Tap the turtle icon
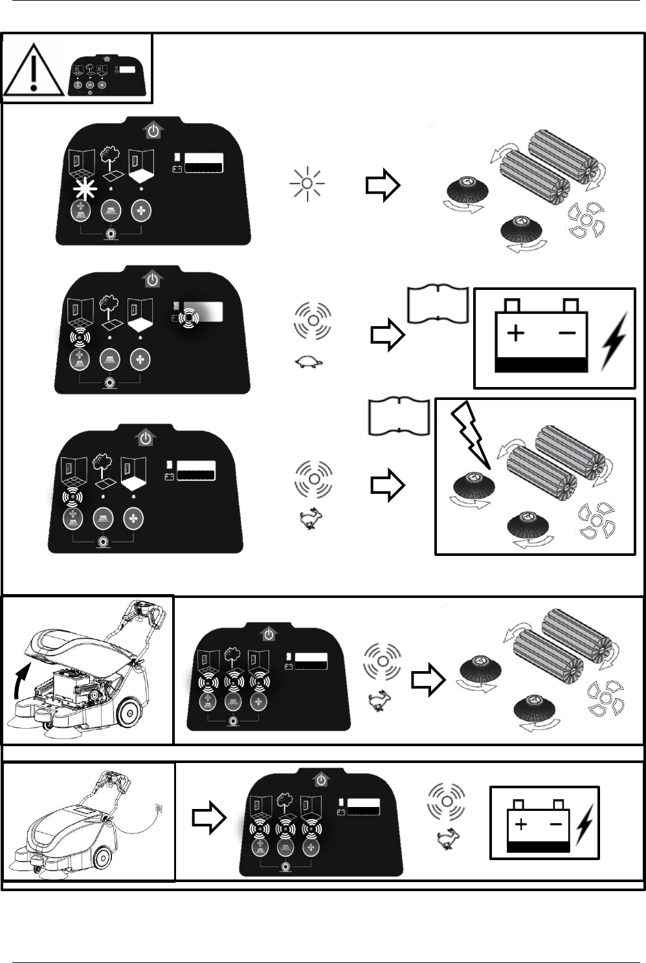click(x=309, y=364)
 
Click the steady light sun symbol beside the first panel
click(x=307, y=184)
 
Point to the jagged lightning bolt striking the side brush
click(x=471, y=434)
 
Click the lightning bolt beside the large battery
click(x=614, y=341)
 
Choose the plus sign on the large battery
click(x=515, y=334)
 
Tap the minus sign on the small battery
click(x=555, y=825)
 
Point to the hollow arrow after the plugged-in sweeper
click(x=209, y=819)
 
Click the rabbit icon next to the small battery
click(x=445, y=840)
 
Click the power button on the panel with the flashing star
click(x=153, y=131)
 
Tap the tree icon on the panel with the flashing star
click(x=111, y=155)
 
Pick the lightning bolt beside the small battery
click(x=585, y=823)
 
